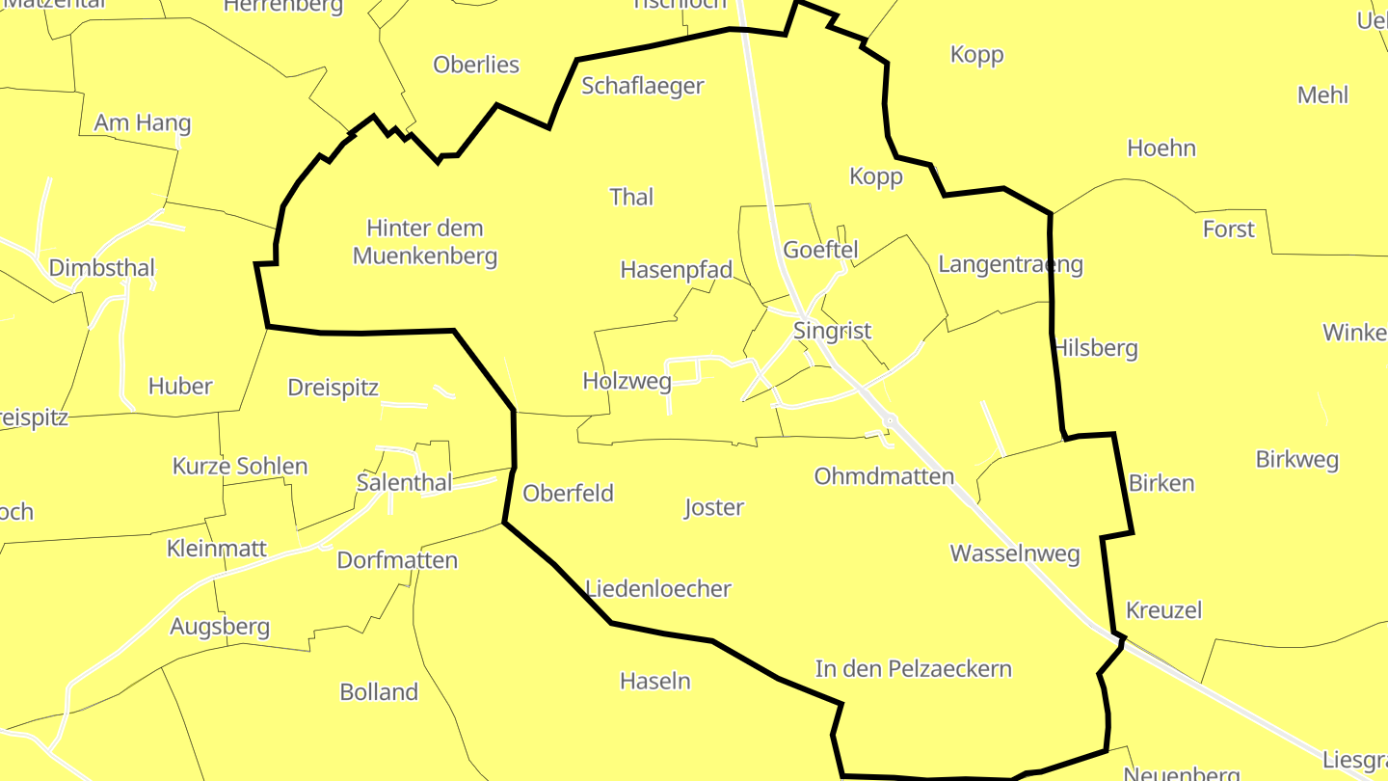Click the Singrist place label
(832, 331)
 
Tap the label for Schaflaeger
(643, 86)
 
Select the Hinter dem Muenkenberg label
(425, 242)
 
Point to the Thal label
(631, 197)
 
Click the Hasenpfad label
(677, 269)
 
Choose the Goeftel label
(820, 249)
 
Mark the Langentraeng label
(1010, 264)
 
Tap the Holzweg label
(627, 381)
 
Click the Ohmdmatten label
(884, 476)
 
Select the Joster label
(713, 507)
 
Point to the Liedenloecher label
(658, 588)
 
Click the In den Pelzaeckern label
(913, 668)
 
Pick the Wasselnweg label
(1014, 553)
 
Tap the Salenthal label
(404, 482)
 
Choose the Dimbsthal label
(101, 267)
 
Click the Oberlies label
(476, 65)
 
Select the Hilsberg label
(1096, 348)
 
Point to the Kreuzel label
(1163, 610)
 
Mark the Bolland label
(379, 691)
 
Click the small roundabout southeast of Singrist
(891, 420)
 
